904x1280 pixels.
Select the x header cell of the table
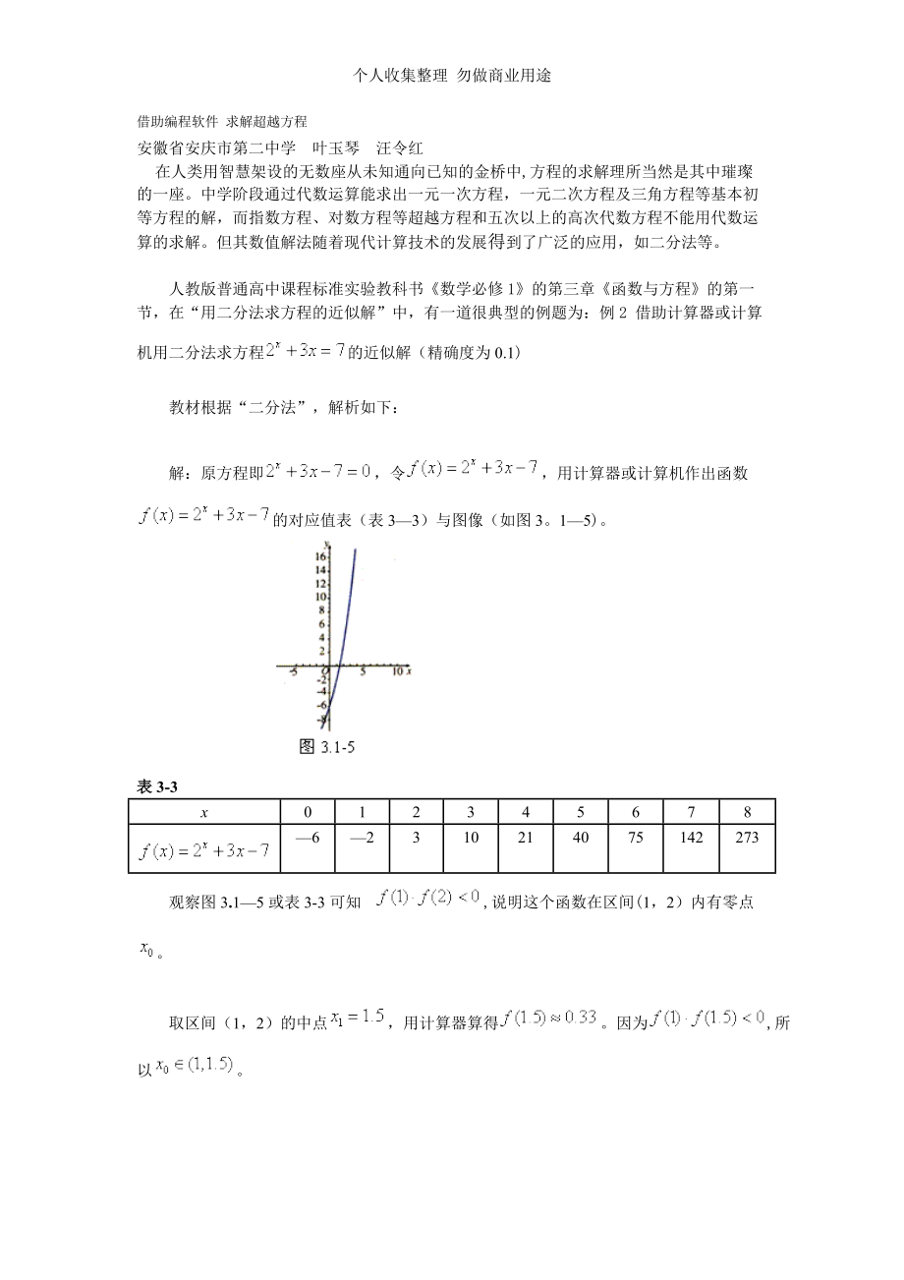click(204, 812)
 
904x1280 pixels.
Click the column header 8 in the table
click(747, 812)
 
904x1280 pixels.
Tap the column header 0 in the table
click(308, 812)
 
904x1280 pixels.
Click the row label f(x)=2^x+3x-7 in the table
click(204, 850)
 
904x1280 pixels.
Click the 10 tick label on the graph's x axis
click(397, 672)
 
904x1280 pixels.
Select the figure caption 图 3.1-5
click(325, 747)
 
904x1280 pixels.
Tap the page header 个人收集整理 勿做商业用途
click(451, 76)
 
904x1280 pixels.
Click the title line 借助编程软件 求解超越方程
click(222, 122)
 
